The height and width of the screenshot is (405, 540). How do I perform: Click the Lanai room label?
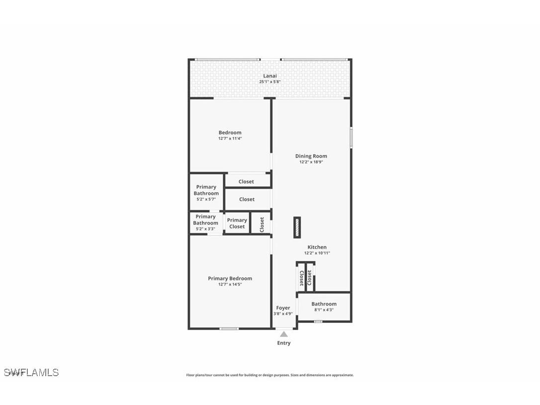coord(270,76)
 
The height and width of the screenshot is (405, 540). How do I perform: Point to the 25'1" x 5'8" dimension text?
coord(270,82)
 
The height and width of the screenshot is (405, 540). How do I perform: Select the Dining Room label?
coord(311,156)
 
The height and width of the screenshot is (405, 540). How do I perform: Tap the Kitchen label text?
coord(317,247)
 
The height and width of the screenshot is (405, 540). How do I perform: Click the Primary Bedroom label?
coord(230,278)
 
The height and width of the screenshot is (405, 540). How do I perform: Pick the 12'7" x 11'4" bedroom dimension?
coord(230,138)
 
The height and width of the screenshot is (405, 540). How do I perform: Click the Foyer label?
coord(283,307)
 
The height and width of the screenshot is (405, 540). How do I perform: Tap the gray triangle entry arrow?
coord(283,334)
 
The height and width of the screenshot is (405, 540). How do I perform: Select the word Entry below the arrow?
coord(283,343)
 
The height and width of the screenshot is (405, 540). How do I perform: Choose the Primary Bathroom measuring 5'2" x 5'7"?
coord(206,193)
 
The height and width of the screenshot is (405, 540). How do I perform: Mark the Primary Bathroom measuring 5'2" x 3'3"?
coord(205,222)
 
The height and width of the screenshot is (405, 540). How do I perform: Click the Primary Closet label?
coord(237,223)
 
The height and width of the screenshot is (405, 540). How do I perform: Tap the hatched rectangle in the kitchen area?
coord(297,227)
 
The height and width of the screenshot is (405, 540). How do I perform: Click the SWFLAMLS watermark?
coord(31,372)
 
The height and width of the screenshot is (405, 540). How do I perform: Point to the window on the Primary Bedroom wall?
coord(229,328)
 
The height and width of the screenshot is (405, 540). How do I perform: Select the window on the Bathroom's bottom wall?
coord(318,321)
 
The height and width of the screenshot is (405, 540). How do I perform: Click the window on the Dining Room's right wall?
coord(351,137)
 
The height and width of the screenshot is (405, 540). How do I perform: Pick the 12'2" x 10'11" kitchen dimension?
coord(317,253)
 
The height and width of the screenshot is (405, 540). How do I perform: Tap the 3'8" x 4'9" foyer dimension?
coord(283,313)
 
